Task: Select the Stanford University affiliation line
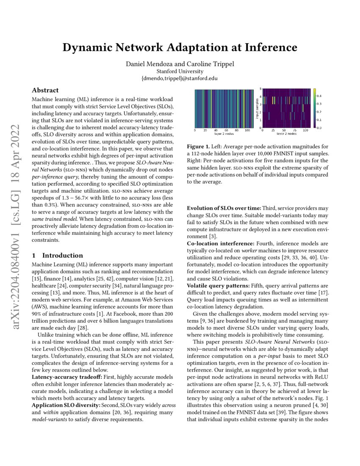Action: (x=180, y=72)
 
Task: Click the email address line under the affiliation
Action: (x=180, y=78)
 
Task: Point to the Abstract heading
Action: (x=46, y=90)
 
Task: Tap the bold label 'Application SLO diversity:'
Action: (x=66, y=405)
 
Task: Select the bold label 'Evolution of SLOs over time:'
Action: (x=224, y=208)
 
